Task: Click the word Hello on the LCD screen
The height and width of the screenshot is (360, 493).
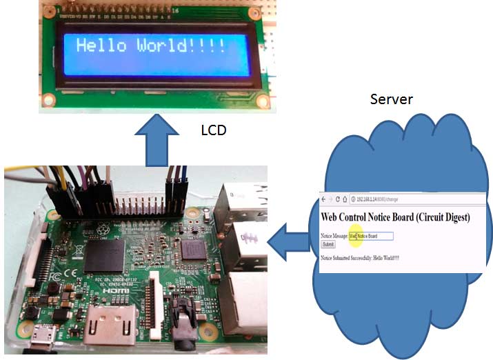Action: (101, 46)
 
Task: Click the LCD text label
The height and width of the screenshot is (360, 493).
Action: (213, 130)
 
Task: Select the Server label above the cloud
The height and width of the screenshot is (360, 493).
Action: (391, 99)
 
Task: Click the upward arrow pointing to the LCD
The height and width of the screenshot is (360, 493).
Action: (157, 141)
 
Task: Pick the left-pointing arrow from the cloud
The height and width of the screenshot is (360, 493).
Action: (289, 242)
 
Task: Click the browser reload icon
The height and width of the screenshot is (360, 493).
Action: (338, 199)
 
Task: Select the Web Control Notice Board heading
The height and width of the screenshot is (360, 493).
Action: (396, 217)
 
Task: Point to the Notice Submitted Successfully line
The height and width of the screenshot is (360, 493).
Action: (360, 258)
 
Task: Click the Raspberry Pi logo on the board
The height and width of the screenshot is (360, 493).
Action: (103, 227)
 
